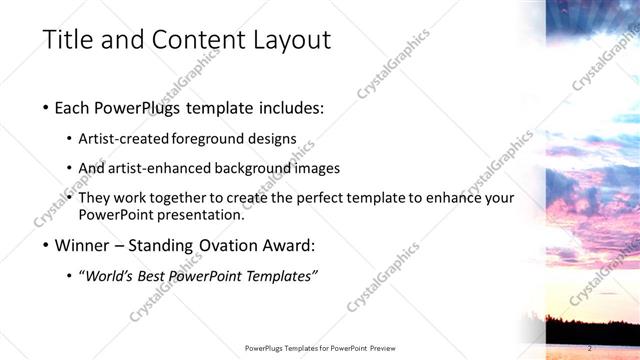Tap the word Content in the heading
click(190, 41)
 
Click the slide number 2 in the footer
click(591, 348)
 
